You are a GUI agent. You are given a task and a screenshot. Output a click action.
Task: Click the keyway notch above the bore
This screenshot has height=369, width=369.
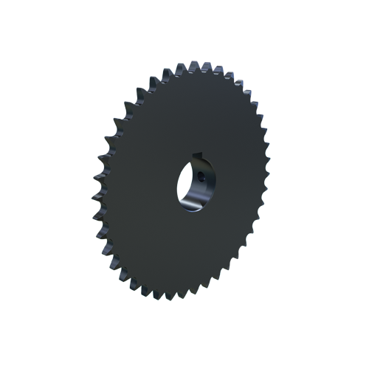[197, 156]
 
